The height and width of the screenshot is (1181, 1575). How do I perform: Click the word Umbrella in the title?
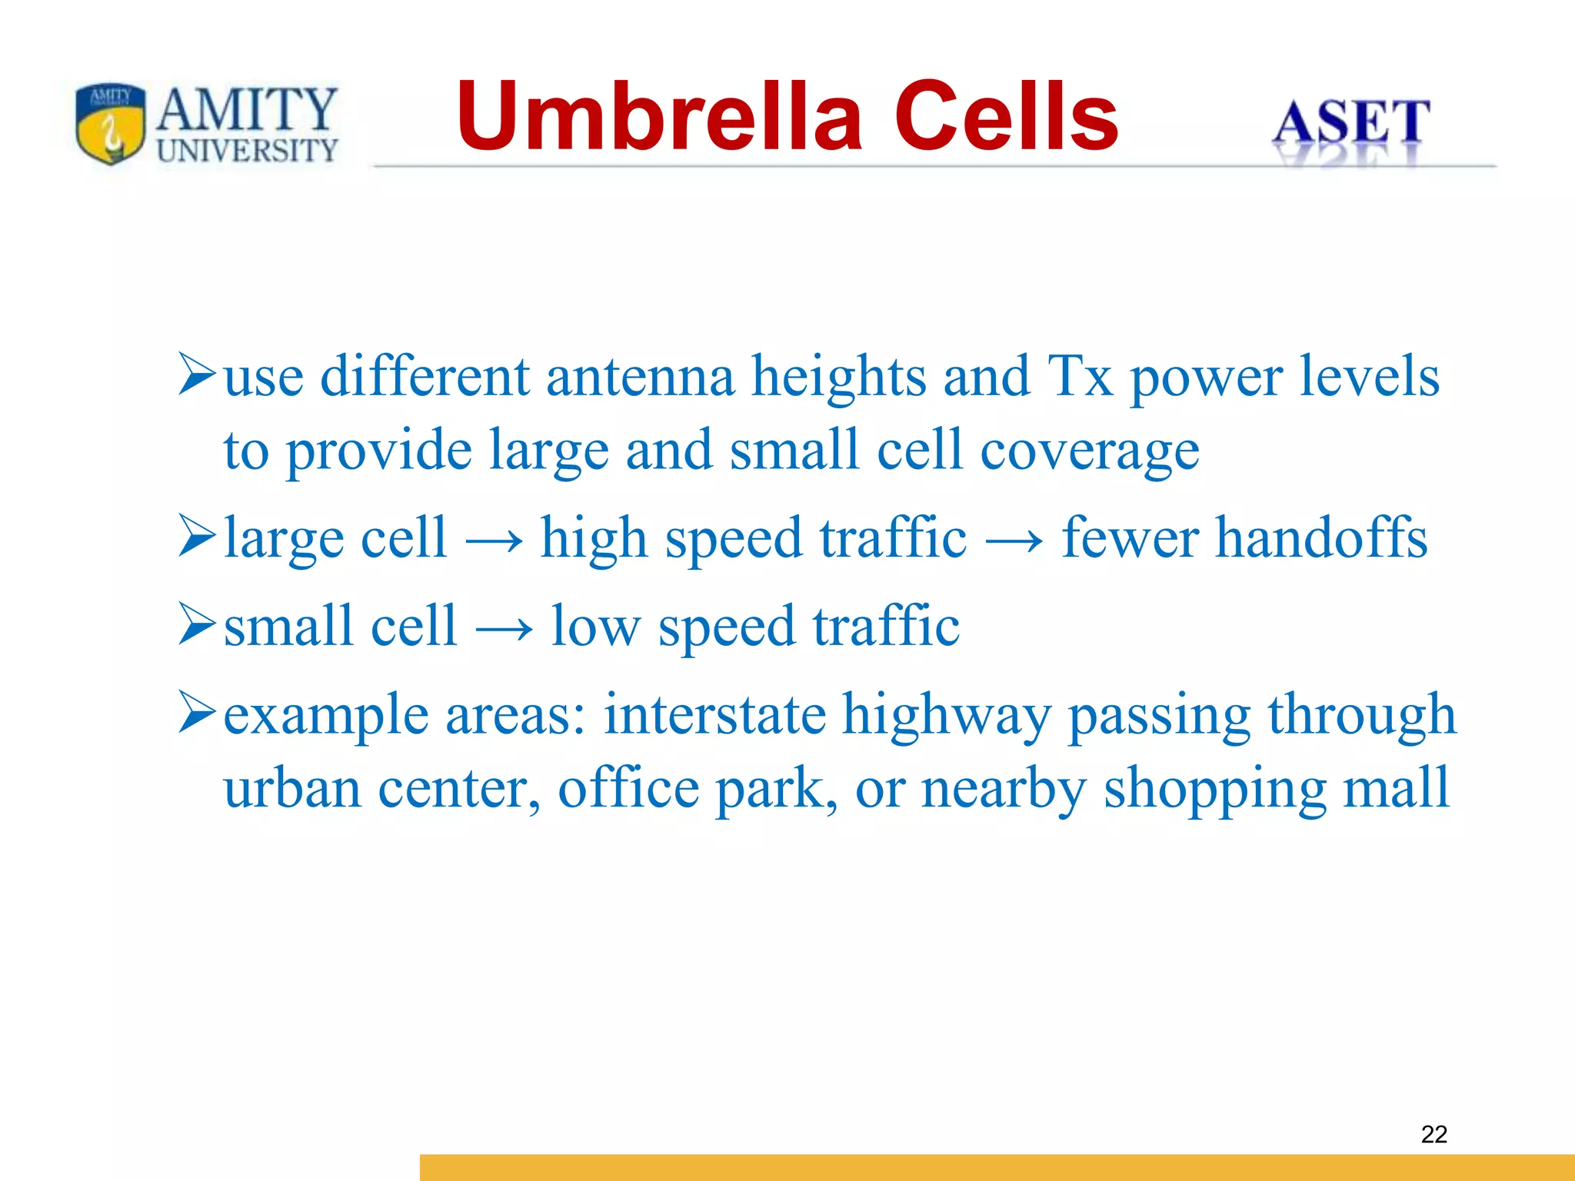659,117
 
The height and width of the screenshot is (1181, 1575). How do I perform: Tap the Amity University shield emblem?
111,123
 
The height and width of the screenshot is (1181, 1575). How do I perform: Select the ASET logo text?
1350,123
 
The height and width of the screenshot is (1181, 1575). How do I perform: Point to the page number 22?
1434,1134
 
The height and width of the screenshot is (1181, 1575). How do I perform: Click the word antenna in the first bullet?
640,377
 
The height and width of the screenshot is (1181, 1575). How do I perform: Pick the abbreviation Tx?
1080,377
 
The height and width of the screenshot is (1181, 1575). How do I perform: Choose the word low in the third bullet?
595,627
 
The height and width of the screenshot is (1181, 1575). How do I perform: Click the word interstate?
714,715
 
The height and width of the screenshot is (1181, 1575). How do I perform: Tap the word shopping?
1214,790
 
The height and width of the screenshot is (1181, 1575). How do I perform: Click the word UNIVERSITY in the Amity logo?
248,151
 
